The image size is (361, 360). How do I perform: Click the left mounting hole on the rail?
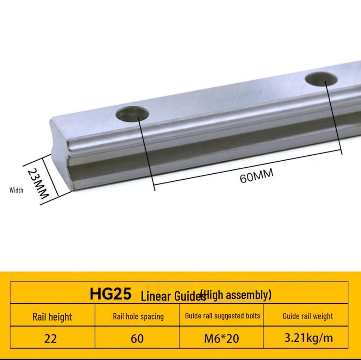pos(133,114)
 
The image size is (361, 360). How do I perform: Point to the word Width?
pos(16,190)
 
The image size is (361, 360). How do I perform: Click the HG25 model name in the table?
pos(110,294)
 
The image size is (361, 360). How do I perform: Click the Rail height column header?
pos(52,316)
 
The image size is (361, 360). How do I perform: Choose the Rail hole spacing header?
pos(138,316)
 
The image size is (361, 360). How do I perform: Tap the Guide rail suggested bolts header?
pos(222,316)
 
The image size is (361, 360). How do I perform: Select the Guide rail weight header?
pos(307,316)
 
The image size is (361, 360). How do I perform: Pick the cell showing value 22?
pos(51,339)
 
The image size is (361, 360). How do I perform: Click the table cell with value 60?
pos(137,339)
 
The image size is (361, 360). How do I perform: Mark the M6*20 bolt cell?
pos(221,339)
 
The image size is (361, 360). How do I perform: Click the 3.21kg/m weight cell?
pos(308,338)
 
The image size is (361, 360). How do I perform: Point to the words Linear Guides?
pos(173,297)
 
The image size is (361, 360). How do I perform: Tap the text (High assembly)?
pos(236,294)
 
